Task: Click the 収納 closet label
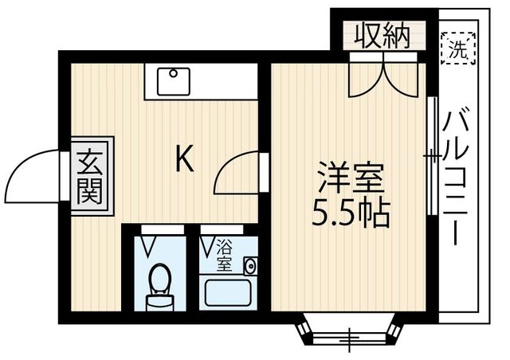point(382,36)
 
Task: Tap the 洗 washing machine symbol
point(458,49)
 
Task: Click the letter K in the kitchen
point(184,161)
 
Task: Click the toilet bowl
point(160,280)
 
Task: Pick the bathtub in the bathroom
point(226,292)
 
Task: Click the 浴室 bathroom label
point(226,254)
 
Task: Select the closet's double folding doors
point(382,76)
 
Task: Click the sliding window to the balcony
point(431,156)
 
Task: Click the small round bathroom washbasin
point(249,266)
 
